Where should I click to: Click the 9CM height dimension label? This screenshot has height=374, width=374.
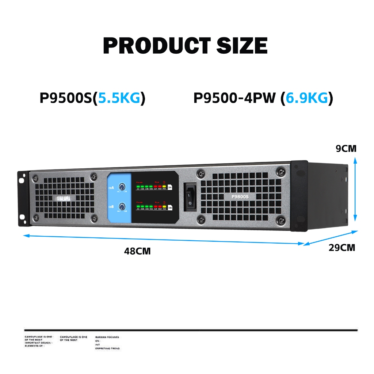point(346,149)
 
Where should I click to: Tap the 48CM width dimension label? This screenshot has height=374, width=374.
point(137,251)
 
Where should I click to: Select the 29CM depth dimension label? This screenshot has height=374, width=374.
point(342,248)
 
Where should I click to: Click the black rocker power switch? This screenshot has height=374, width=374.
point(190,197)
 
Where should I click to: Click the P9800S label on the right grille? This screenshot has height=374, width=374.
point(240,196)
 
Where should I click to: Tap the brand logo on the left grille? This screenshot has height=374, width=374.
point(64,198)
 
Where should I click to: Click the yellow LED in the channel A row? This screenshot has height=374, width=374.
point(164,186)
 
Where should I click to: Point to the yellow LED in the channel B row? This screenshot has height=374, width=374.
point(164,206)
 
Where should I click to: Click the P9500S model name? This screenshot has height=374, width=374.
point(66,98)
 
